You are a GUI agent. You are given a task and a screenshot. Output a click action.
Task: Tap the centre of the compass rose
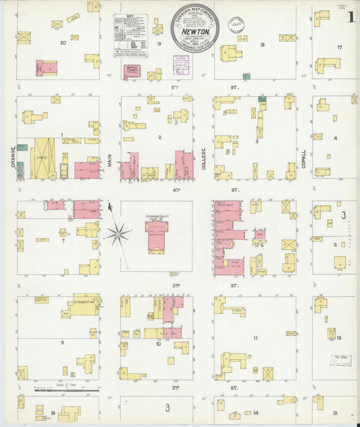click(x=118, y=234)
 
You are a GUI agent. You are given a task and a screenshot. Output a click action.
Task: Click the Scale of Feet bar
click(x=67, y=390)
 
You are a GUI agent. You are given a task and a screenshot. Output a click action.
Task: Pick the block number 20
click(x=63, y=43)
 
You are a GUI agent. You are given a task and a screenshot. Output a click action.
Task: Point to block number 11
click(x=255, y=338)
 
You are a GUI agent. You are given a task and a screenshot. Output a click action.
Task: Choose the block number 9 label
click(x=62, y=343)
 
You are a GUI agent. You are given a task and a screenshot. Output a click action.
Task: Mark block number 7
click(x=63, y=240)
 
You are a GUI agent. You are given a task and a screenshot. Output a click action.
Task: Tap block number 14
click(x=255, y=411)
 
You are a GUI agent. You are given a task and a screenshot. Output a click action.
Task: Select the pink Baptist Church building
click(x=132, y=71)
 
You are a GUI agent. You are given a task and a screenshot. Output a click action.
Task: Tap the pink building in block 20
click(x=47, y=68)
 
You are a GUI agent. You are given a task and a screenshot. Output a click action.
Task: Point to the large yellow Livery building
click(x=43, y=157)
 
